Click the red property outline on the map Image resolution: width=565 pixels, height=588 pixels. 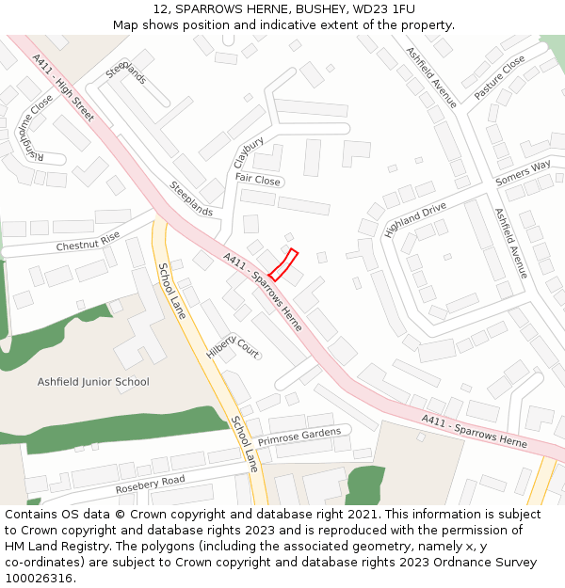pos(283,264)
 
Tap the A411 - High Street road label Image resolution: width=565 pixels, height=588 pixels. pos(64,87)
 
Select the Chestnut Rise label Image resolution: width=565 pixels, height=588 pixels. pos(88,241)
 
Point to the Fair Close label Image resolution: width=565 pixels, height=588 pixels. pos(257,179)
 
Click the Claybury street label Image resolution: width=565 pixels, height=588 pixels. pos(249,152)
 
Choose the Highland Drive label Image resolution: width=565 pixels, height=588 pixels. pos(414,219)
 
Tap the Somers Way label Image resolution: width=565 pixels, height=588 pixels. pos(523,173)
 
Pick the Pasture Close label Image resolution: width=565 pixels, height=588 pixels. pos(499,77)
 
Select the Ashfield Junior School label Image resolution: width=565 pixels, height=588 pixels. pos(93,382)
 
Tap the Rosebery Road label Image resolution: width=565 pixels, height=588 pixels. pos(150,484)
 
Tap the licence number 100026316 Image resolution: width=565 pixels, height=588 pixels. pos(39,578)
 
